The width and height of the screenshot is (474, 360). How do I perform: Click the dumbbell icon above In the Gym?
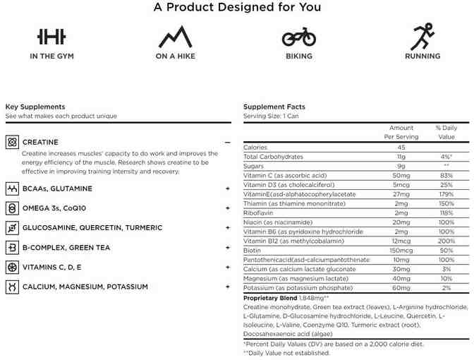point(51,37)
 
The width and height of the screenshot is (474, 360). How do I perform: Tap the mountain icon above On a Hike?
point(176,37)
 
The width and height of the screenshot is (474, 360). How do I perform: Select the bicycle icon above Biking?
point(299,37)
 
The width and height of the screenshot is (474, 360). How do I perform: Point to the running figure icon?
point(423,37)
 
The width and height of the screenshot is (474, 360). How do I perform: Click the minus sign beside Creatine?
point(227,142)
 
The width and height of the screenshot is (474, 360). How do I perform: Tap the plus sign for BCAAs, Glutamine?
point(227,188)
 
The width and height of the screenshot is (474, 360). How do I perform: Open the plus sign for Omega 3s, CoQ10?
point(227,208)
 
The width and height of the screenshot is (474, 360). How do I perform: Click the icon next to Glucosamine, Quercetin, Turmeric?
point(11,228)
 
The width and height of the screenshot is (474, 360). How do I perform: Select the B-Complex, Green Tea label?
point(66,248)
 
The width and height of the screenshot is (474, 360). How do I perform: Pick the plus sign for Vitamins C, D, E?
point(227,268)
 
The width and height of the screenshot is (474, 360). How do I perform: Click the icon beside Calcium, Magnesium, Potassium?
point(11,287)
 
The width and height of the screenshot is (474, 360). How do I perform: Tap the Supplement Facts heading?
point(274,107)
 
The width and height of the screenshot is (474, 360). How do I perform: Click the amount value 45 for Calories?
point(401,147)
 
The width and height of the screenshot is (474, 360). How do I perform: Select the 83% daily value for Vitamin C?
point(445,174)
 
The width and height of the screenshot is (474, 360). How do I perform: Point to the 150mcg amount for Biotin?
point(401,250)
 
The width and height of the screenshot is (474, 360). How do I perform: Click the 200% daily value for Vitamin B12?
point(445,241)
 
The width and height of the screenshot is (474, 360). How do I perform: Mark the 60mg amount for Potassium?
point(401,288)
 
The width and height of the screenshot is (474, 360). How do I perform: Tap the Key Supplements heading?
point(35,107)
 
